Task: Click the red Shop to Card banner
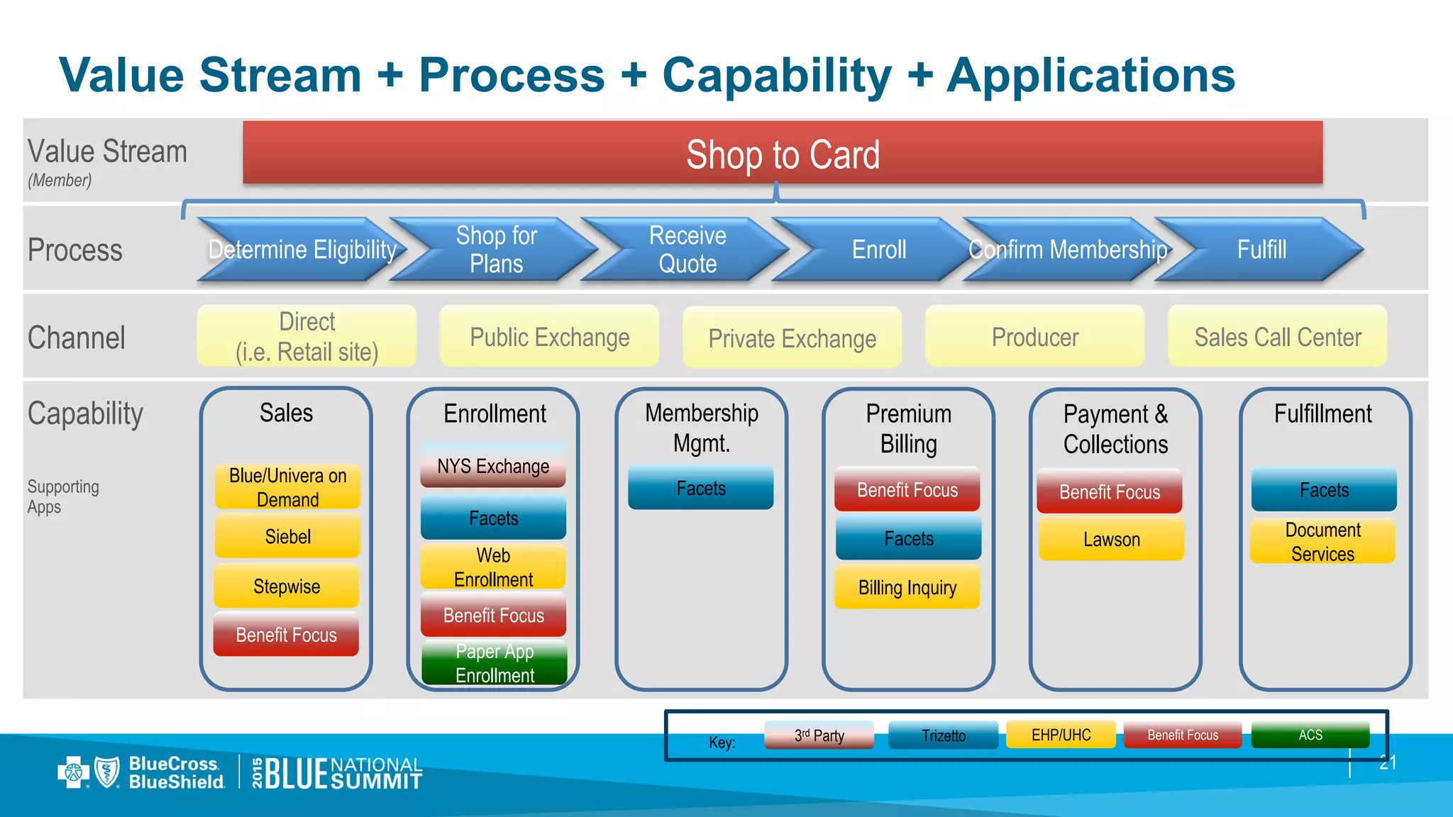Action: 783,154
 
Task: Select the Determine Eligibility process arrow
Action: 302,250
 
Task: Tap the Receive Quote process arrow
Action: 687,250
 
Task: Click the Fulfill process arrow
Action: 1261,250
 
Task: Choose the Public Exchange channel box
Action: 549,337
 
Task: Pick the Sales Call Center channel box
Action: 1277,337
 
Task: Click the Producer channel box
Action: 1034,337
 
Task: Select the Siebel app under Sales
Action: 287,536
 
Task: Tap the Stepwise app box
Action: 287,586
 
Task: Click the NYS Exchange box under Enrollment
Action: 493,466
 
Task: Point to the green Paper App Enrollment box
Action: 495,662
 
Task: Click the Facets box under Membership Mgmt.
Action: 701,488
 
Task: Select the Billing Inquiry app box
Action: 907,587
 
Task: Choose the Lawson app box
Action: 1111,539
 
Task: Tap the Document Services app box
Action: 1322,541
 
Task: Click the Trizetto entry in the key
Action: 943,735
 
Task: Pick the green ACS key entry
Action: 1310,735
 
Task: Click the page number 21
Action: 1388,762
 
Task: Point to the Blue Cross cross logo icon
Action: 73,772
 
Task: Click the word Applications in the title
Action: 1091,75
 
